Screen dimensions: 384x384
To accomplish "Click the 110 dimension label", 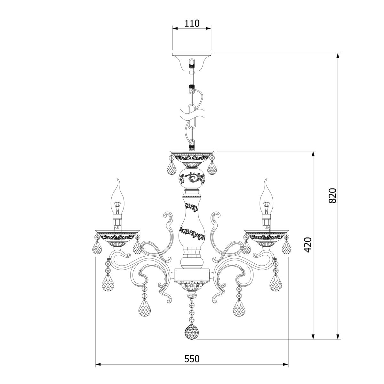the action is point(192,23).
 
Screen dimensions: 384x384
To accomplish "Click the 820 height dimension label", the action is point(332,195).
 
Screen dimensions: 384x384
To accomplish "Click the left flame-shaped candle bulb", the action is point(117,199).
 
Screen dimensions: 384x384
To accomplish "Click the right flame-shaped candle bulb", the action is point(267,199).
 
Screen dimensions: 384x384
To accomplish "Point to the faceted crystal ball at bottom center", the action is point(192,332).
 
